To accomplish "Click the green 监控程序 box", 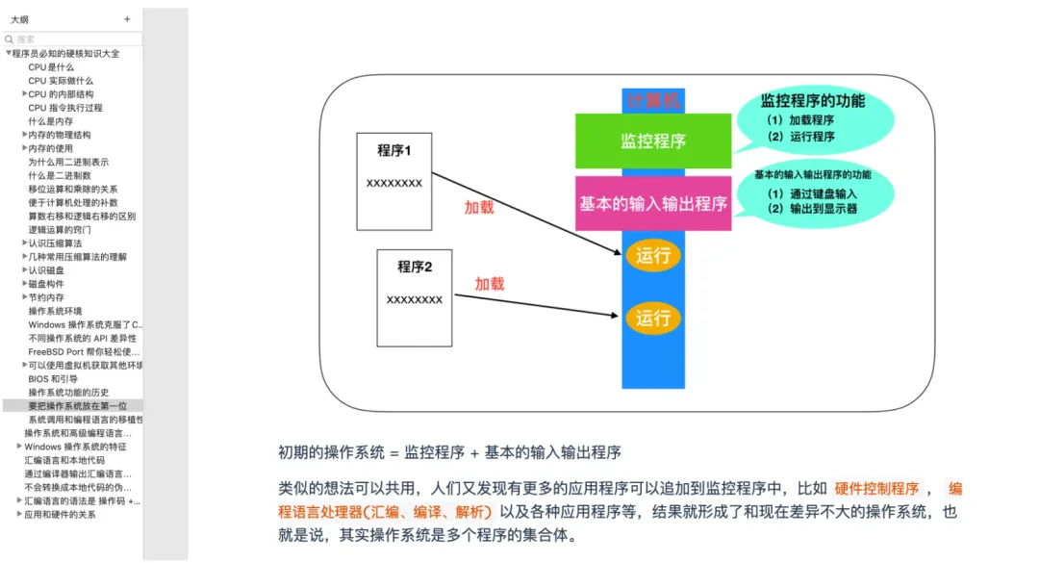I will [652, 141].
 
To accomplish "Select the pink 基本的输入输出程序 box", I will [652, 203].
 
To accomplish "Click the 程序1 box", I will [393, 181].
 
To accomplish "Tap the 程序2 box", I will [414, 296].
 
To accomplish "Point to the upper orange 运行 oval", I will [652, 256].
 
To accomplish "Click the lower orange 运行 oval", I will [652, 318].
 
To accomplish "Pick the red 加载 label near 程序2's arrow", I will [489, 284].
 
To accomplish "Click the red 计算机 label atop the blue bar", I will [653, 100].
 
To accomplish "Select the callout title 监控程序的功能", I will [812, 100].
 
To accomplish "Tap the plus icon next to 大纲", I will [127, 19].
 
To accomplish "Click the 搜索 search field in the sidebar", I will [72, 39].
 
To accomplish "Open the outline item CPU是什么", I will [50, 67].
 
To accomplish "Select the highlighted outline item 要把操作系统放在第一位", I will [77, 406].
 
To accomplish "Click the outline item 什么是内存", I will [50, 121].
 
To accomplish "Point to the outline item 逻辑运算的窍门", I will [60, 230].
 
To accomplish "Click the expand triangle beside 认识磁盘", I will [24, 270].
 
